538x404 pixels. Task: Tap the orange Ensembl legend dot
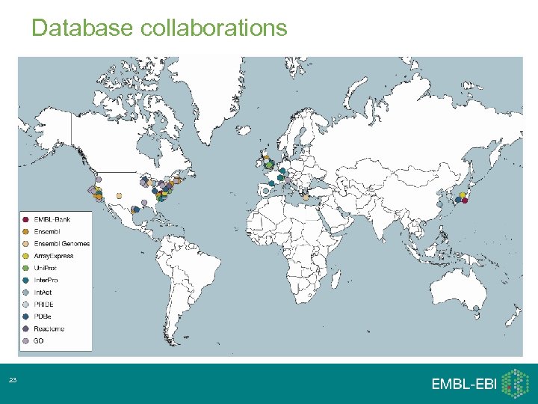coord(26,231)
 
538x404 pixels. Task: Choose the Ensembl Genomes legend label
coord(62,243)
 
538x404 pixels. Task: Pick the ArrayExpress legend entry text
coord(54,256)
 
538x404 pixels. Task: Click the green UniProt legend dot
coord(26,268)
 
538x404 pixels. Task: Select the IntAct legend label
coord(44,292)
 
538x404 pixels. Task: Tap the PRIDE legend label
coord(44,304)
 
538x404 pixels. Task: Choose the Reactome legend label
coord(49,328)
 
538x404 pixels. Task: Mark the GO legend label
coord(39,340)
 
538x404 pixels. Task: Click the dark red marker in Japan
coord(465,200)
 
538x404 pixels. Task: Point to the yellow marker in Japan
coord(463,195)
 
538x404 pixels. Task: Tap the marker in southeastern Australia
coord(476,307)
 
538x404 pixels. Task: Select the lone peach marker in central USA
coord(119,195)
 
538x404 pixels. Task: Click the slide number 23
coord(13,382)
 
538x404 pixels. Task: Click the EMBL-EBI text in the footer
coord(464,384)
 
